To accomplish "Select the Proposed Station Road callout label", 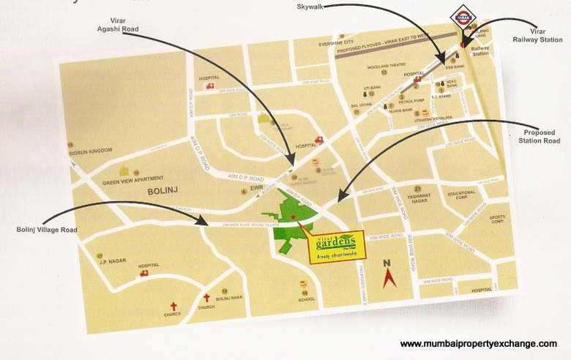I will pos(539,135).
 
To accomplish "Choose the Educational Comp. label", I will pos(462,195).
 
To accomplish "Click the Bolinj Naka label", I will pos(228,298).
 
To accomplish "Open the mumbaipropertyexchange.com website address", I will pos(478,344).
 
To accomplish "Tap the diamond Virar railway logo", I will pos(462,17).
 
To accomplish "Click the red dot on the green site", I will pos(293,217).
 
